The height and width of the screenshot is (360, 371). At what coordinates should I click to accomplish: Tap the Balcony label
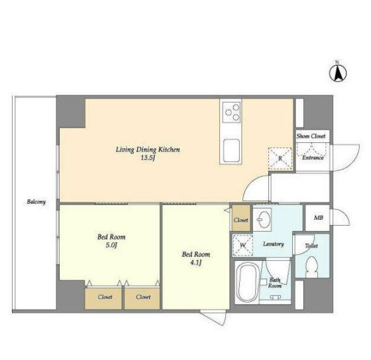[x=36, y=202]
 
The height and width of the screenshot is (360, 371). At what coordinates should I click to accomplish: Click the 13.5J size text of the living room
[x=148, y=158]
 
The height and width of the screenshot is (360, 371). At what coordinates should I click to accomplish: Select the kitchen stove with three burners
[x=232, y=112]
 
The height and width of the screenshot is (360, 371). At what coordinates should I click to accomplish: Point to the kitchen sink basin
[x=232, y=150]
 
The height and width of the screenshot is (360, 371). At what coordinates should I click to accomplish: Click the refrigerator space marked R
[x=280, y=159]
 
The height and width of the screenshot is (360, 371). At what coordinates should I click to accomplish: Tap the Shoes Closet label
[x=311, y=136]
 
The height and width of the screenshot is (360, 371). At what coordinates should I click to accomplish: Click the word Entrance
[x=313, y=157]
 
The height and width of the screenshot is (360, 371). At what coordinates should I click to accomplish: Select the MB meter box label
[x=318, y=218]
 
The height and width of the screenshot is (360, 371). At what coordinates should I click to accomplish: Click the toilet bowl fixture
[x=311, y=267]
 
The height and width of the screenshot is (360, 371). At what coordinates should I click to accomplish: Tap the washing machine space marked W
[x=242, y=246]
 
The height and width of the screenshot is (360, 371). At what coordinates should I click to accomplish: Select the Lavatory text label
[x=273, y=244]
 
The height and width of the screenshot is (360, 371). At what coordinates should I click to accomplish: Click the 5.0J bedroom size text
[x=111, y=246]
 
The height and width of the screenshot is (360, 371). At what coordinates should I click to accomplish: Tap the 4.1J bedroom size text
[x=195, y=263]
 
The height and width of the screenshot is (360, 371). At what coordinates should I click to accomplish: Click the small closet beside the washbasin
[x=241, y=218]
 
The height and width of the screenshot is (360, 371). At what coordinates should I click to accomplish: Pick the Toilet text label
[x=311, y=246]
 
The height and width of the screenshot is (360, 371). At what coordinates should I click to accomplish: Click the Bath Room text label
[x=275, y=283]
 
